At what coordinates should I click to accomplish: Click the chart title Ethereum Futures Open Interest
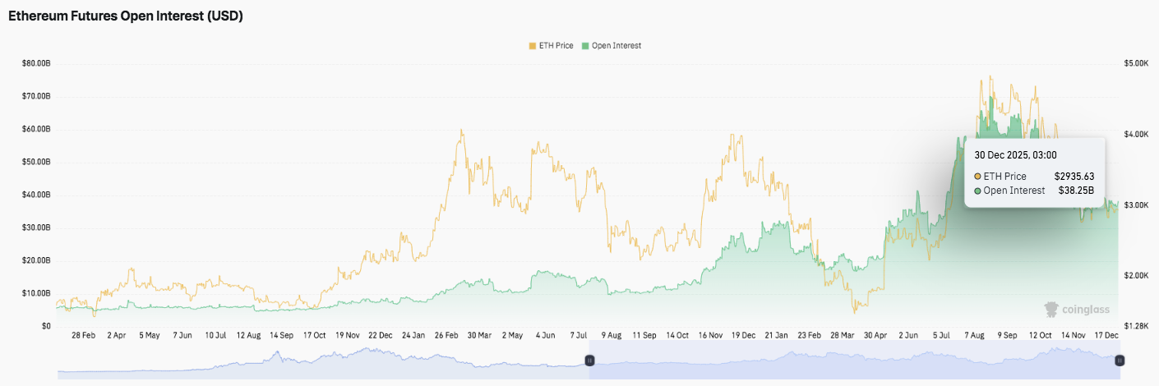click(x=125, y=16)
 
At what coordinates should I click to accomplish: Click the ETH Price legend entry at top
click(x=551, y=46)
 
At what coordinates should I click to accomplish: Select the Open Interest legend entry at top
click(x=611, y=46)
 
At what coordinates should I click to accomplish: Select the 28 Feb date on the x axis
click(x=84, y=335)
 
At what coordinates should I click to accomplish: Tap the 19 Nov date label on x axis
click(x=346, y=335)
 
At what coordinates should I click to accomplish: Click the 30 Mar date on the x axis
click(x=478, y=335)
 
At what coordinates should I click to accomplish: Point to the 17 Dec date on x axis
click(x=1106, y=335)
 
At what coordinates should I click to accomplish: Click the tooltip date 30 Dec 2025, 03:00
click(x=1015, y=154)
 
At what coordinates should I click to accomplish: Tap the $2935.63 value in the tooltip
click(x=1074, y=176)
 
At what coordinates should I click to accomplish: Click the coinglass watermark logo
click(x=1077, y=310)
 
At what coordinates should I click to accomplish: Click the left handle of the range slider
click(x=589, y=361)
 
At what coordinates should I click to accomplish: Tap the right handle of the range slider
click(x=1119, y=361)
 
